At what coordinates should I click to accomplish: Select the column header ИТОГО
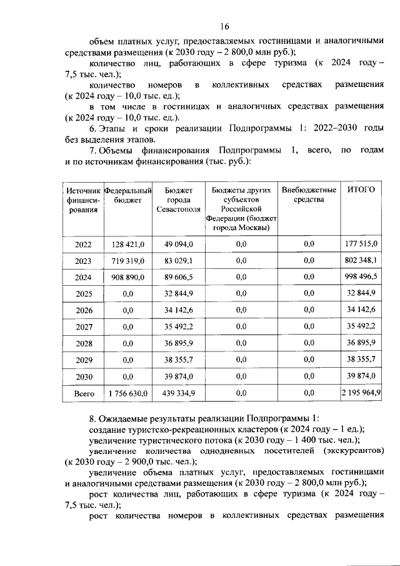tap(361, 190)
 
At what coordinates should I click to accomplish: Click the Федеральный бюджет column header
tap(128, 195)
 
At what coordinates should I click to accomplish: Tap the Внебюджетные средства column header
tap(309, 195)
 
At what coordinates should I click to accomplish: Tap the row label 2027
tap(83, 327)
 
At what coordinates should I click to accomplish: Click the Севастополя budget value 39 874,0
tap(179, 376)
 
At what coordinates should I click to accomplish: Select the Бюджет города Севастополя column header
tap(179, 200)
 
